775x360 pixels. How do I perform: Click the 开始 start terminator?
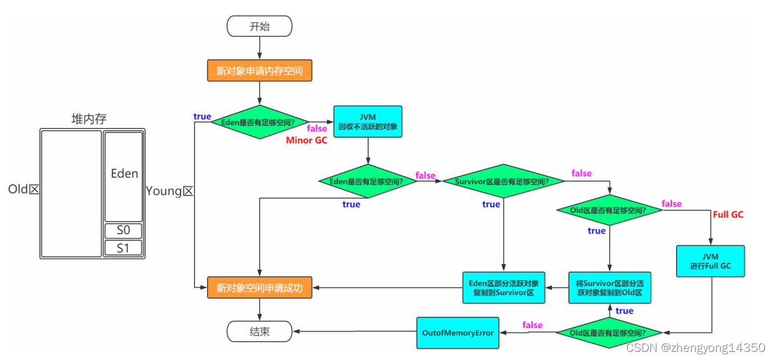coord(259,26)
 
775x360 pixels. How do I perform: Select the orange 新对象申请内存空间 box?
coord(259,71)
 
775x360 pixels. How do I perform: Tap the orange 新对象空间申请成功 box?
coord(259,288)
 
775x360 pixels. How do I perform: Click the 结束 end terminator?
coord(259,332)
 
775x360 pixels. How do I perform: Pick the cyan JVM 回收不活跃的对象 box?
coord(367,121)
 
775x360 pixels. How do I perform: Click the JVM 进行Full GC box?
coord(711,261)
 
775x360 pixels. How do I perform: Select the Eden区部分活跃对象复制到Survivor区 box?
coord(503,287)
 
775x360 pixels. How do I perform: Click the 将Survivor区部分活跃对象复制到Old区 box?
coord(609,287)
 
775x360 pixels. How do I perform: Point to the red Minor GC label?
coord(307,140)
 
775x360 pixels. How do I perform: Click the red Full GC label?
coord(728,214)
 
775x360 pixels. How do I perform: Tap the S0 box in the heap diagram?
coord(123,230)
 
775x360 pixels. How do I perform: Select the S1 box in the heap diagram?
coord(123,248)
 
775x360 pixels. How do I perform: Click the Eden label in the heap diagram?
coord(124,173)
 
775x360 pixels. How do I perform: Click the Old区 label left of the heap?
coord(24,189)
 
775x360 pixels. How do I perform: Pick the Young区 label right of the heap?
coord(170,192)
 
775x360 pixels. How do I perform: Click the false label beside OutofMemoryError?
coord(532,325)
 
